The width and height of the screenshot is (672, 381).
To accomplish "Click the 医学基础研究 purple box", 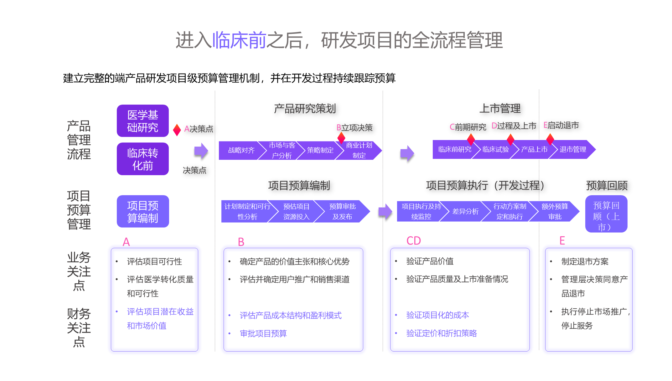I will tap(142, 121).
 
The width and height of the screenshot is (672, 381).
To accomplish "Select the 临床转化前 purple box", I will tap(142, 159).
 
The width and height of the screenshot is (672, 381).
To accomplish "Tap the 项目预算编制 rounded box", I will tap(142, 212).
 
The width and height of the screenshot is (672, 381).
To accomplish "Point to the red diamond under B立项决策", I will tap(341, 137).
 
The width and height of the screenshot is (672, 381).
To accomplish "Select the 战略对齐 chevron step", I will tap(241, 150).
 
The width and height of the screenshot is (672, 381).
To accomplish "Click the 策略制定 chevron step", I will tap(320, 150).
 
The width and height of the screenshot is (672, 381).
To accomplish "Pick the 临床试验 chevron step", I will tap(495, 150).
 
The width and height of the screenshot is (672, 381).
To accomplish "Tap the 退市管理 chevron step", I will tap(573, 150).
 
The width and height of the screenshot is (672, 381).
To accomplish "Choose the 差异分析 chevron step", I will tap(465, 212).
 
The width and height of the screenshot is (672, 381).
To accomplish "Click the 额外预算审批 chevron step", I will tap(555, 212).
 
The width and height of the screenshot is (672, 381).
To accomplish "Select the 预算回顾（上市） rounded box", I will tap(606, 214).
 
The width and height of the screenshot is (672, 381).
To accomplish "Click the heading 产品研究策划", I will tap(305, 109).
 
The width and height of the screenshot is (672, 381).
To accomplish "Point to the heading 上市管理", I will tap(500, 109).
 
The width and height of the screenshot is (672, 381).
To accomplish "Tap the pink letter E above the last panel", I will tap(562, 241).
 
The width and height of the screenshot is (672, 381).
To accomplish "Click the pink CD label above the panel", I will tap(414, 241).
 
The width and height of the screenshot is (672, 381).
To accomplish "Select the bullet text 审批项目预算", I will tap(263, 334).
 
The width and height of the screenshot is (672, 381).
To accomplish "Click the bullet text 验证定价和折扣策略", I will tap(441, 333).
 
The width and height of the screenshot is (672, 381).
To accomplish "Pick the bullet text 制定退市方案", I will tap(585, 262).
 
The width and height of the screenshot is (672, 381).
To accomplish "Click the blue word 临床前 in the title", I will tap(239, 40).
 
